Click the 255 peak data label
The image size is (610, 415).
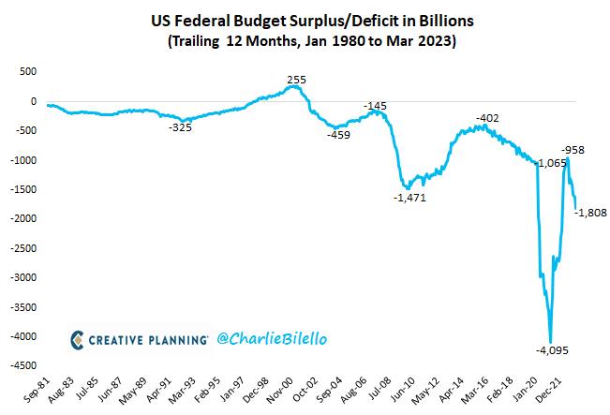point(296,80)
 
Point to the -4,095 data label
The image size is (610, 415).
point(552,350)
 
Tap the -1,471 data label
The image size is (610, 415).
point(409,198)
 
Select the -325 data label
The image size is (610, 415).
point(180,127)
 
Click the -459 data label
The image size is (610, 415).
point(338,135)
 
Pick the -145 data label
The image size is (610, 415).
point(375,106)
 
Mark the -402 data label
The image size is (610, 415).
point(487,118)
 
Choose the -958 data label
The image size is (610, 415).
point(573,150)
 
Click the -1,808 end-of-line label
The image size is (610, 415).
point(590,213)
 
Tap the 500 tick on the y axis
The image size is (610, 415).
point(27,71)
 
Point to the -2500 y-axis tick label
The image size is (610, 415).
point(23,248)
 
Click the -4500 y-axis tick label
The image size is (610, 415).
point(23,365)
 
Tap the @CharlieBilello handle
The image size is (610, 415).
point(272,339)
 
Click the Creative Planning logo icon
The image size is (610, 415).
point(77,340)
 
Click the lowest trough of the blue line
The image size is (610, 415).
point(550,342)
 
